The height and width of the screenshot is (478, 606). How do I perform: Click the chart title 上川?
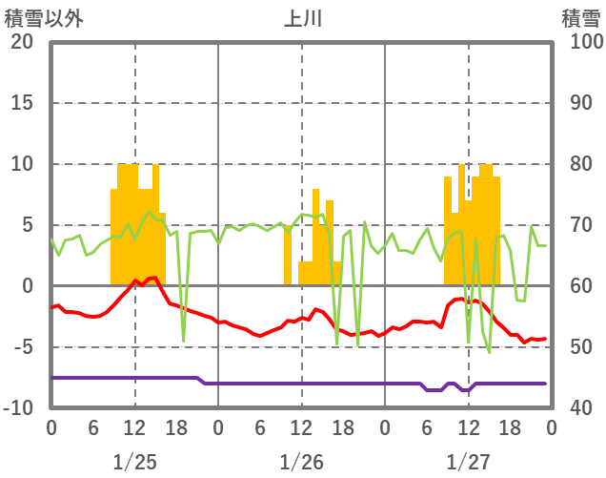click(302, 18)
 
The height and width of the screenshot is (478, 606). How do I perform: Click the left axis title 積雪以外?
click(37, 18)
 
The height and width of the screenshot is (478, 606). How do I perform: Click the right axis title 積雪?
click(580, 18)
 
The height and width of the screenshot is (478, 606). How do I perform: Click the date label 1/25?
click(134, 461)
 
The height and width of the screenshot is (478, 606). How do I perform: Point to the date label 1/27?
click(468, 461)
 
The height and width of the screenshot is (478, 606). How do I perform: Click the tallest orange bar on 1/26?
click(316, 239)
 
